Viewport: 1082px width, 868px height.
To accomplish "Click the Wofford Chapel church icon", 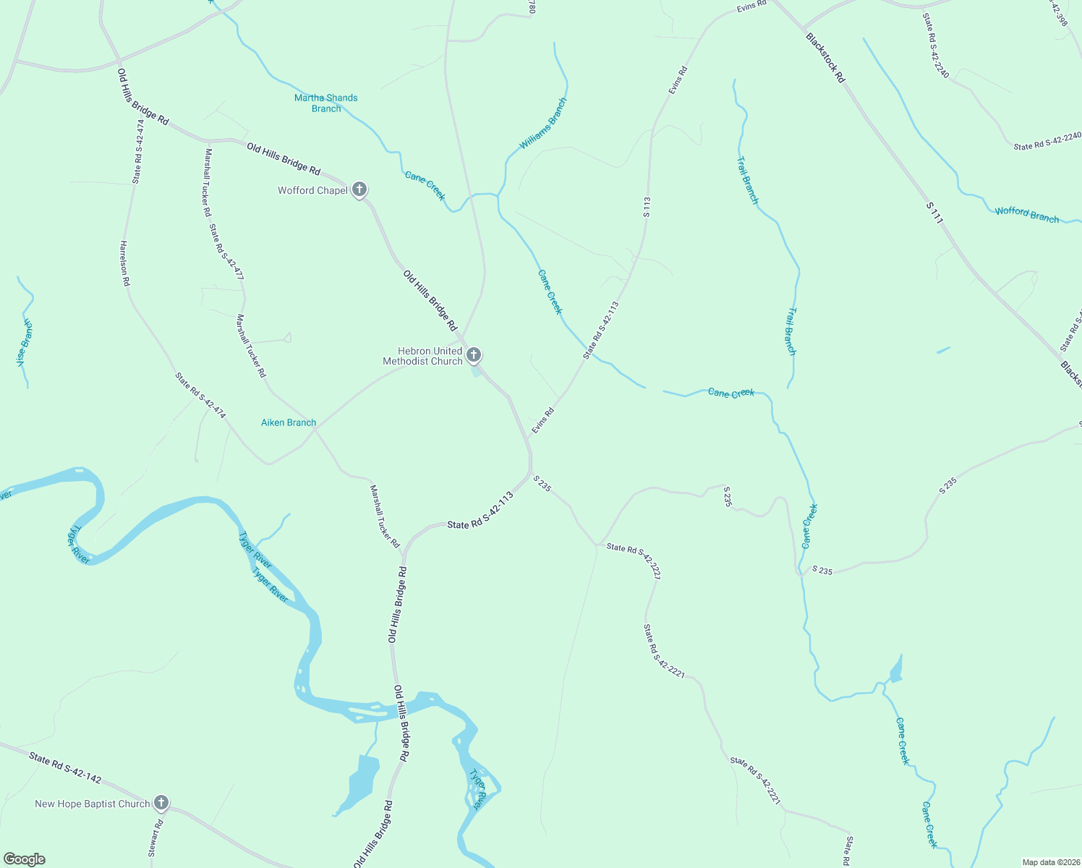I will tap(359, 190).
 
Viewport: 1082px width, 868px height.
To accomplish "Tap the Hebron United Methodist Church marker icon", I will tap(474, 354).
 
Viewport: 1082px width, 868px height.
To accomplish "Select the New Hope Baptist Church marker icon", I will tap(161, 802).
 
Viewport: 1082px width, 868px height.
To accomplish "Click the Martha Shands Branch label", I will tap(326, 103).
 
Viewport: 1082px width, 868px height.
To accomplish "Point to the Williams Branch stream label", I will tap(543, 124).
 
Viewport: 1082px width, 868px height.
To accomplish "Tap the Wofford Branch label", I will tap(1026, 215).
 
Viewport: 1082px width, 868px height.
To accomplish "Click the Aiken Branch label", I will tap(289, 422).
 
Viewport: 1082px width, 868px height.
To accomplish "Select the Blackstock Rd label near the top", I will tap(825, 57).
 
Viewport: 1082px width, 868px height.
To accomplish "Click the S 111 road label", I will tap(934, 213).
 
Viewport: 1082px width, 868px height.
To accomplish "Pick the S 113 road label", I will tap(647, 207).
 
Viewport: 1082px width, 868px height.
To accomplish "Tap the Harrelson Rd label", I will tap(124, 263).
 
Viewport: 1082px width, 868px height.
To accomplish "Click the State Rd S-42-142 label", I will tap(65, 767).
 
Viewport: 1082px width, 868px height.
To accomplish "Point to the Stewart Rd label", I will tap(156, 838).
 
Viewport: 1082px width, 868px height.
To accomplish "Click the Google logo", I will tap(25, 859).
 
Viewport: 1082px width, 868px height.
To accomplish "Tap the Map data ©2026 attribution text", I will tap(1049, 862).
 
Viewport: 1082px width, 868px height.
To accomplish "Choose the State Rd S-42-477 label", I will tap(226, 252).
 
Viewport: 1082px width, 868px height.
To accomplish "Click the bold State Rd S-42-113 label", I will tap(480, 511).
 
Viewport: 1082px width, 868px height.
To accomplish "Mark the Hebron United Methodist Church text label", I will tap(423, 356).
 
